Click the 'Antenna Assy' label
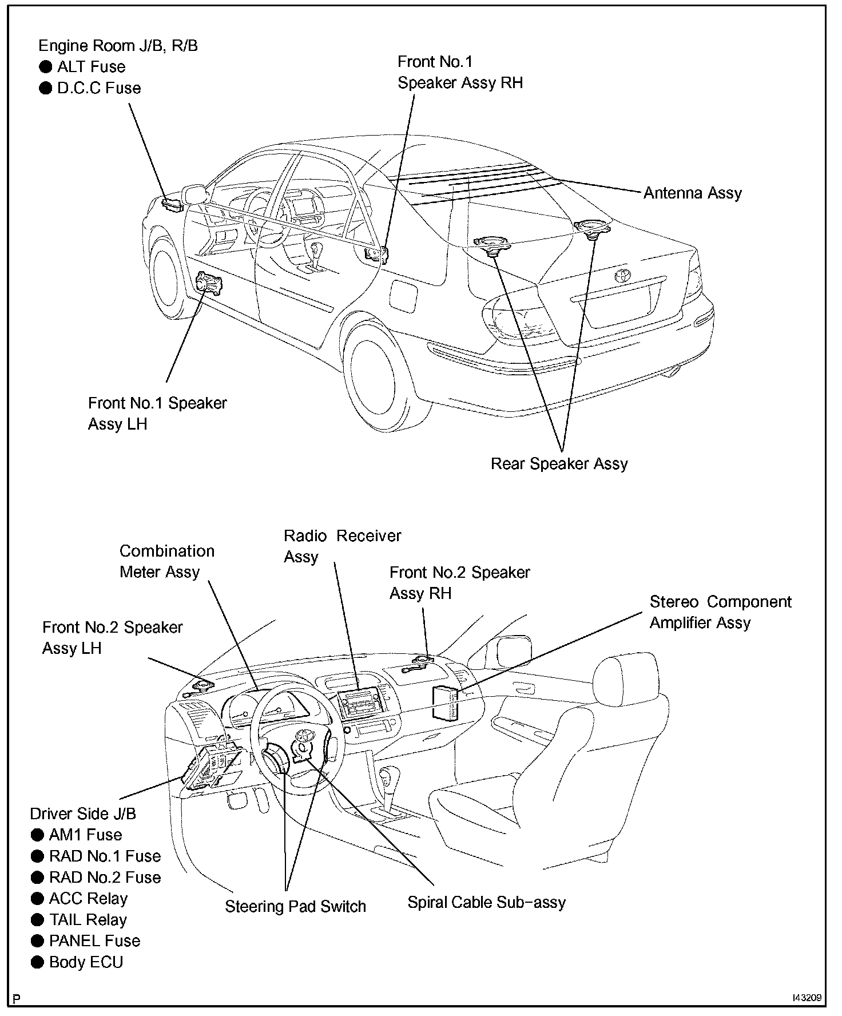click(692, 193)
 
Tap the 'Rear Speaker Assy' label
click(559, 463)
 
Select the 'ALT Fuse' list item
click(90, 67)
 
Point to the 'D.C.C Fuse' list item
click(98, 88)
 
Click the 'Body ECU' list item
click(86, 962)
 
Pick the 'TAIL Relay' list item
click(88, 919)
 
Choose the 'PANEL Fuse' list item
click(94, 940)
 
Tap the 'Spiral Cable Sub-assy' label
click(486, 902)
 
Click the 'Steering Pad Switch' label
click(295, 906)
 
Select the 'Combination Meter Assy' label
click(166, 561)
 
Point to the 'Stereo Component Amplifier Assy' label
click(720, 612)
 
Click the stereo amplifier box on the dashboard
click(446, 701)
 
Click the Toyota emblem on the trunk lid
click(622, 275)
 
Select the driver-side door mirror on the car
click(194, 193)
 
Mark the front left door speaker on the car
click(209, 283)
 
